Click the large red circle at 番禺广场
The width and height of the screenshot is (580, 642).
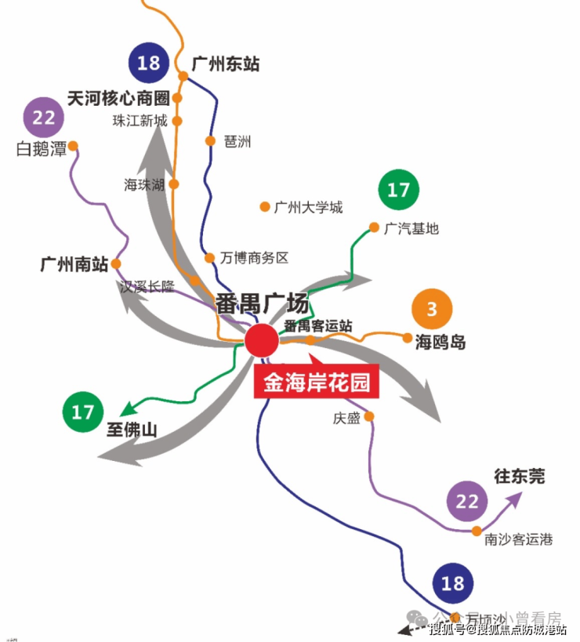click(261, 341)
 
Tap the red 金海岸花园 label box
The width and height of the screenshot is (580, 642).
click(316, 383)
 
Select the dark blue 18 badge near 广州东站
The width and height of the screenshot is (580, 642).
click(148, 63)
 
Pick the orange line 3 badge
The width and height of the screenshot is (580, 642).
click(432, 310)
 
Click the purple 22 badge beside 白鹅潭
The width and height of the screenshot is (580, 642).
click(44, 118)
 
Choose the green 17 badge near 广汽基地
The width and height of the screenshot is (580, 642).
click(398, 190)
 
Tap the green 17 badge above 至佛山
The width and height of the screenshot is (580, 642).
click(82, 412)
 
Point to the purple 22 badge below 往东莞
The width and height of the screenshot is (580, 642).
click(466, 502)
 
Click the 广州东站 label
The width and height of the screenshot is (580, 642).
click(225, 63)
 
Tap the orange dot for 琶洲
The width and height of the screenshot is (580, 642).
click(210, 141)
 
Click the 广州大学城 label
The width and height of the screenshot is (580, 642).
click(309, 208)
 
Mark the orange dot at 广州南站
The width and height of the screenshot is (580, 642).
click(116, 263)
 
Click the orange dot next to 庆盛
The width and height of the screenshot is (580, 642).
click(369, 416)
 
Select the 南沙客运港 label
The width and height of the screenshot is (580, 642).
click(518, 540)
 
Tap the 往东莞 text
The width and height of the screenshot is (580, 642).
click(519, 476)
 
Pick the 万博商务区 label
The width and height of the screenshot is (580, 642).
click(255, 258)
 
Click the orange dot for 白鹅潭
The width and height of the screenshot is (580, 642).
click(73, 146)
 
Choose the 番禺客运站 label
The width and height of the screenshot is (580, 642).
click(317, 325)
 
